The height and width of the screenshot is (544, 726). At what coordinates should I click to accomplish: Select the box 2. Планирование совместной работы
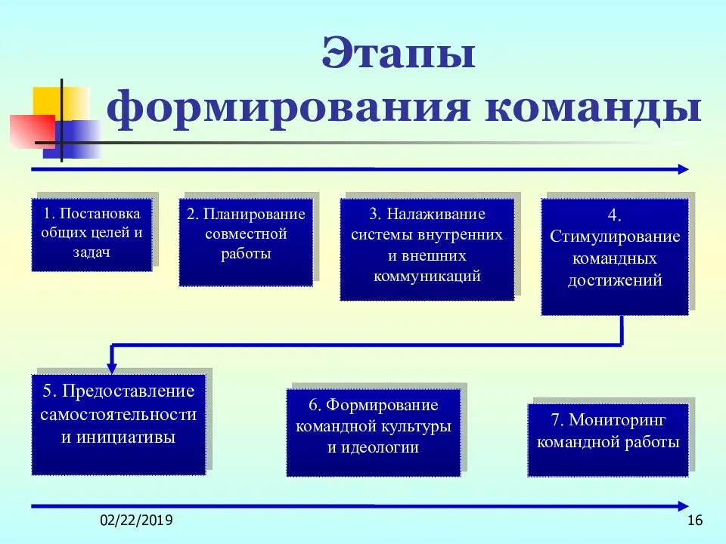(x=246, y=242)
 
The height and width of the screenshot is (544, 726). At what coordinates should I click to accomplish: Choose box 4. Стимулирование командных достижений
(x=615, y=256)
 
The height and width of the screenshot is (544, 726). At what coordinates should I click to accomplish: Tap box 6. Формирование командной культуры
(x=374, y=432)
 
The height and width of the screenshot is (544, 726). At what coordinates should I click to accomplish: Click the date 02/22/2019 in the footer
(x=136, y=521)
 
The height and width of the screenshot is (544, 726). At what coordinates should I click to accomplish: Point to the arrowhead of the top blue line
(x=683, y=169)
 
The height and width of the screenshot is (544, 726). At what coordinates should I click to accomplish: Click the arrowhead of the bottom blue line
(x=683, y=505)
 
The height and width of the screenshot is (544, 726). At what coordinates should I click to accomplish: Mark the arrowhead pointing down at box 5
(x=113, y=368)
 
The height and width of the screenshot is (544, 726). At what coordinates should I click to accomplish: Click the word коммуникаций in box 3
(x=427, y=276)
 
